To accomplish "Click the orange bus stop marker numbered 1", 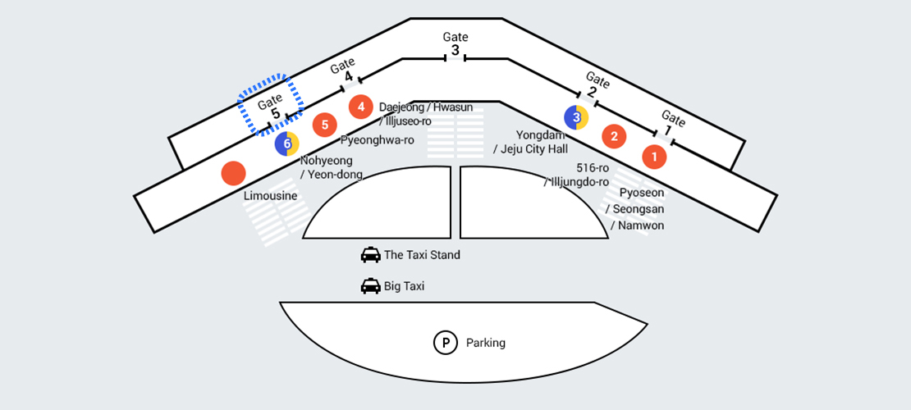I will [x=654, y=157].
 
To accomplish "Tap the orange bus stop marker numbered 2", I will [x=614, y=136].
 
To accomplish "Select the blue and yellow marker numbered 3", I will [x=576, y=118].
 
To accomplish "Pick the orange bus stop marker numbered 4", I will [x=360, y=107].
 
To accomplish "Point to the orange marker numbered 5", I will [x=325, y=125].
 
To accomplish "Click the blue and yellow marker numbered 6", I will [x=286, y=144].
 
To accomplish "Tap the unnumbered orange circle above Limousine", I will [x=234, y=173].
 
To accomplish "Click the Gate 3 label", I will [x=456, y=43].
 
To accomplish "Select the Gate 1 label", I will [x=671, y=123].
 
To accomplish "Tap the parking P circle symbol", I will [x=445, y=343].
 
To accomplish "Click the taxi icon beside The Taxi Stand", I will [x=371, y=255].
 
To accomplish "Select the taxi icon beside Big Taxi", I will [x=371, y=286].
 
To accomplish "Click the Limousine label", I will [x=270, y=197].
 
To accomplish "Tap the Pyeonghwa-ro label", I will [x=377, y=140].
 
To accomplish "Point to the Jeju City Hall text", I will [x=534, y=148].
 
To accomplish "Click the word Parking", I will [x=486, y=343].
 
